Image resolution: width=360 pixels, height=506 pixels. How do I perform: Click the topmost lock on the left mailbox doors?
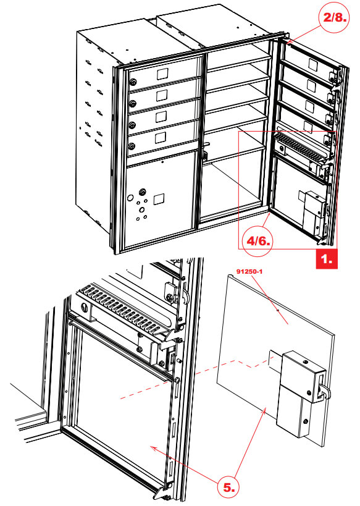pyautogui.click(x=133, y=83)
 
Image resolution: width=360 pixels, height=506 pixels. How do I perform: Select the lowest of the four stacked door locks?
pyautogui.click(x=132, y=146)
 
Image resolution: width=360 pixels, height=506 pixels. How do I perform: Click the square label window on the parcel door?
pyautogui.click(x=159, y=199)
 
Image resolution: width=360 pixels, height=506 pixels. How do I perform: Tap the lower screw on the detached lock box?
pyautogui.click(x=306, y=422)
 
